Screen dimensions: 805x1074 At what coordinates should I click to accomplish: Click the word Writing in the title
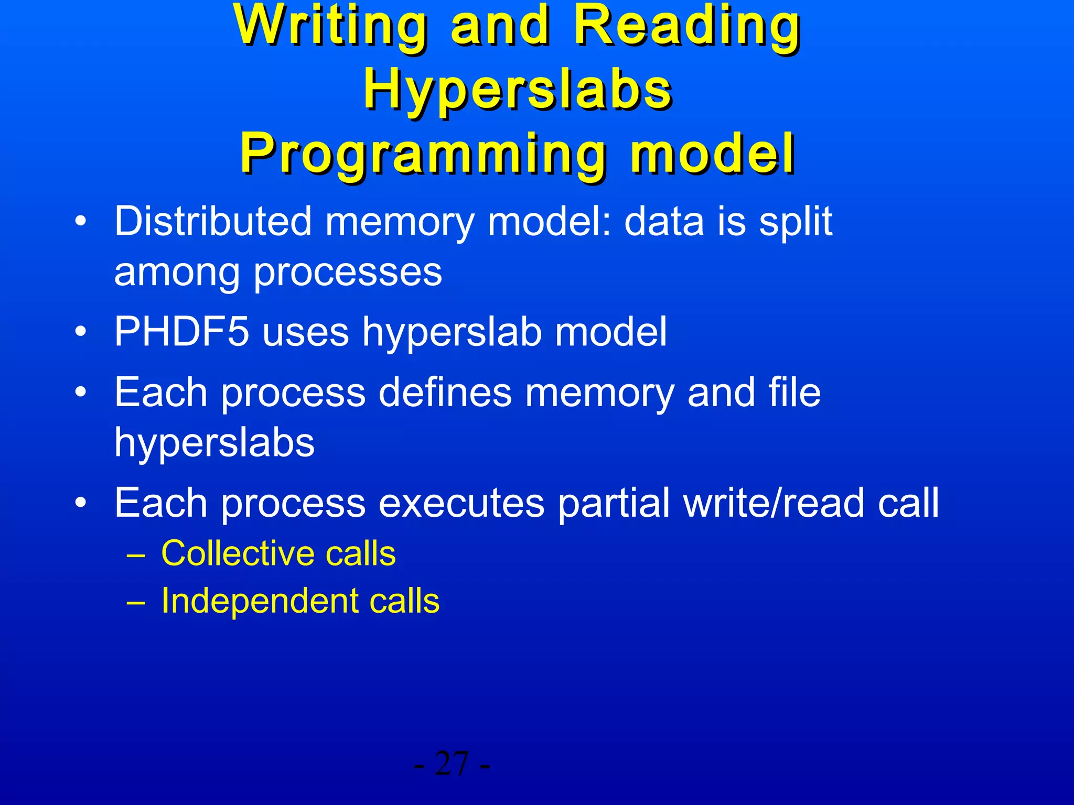pos(331,26)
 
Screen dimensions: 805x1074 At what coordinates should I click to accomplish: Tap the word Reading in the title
pos(687,26)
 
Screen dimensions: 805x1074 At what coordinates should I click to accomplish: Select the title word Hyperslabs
pos(518,90)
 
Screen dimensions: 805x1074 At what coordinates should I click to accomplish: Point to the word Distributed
pos(213,221)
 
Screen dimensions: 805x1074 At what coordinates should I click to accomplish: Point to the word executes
pos(461,503)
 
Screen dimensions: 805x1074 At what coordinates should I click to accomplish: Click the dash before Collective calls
pos(136,556)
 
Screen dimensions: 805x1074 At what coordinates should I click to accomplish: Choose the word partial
pos(613,503)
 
